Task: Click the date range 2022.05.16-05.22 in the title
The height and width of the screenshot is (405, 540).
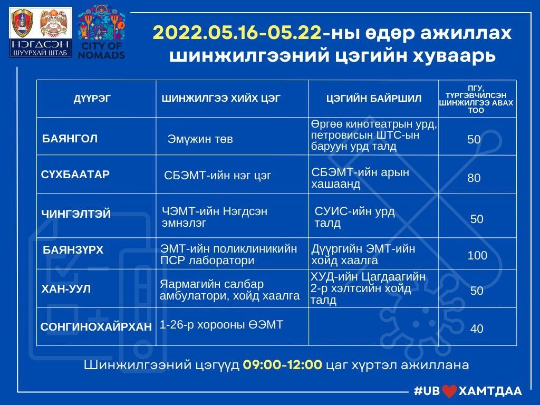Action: pos(237,33)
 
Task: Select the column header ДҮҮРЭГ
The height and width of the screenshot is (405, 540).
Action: pos(92,99)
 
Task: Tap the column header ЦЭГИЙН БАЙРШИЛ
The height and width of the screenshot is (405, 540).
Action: pos(374,99)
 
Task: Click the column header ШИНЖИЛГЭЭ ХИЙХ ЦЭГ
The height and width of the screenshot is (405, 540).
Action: pos(221,99)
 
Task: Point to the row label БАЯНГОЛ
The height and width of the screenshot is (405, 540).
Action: pos(70,139)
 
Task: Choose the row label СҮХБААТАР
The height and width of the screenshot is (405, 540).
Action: pos(75,174)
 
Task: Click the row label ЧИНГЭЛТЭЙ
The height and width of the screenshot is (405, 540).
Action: pos(76,214)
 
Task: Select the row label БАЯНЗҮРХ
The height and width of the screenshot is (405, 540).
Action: pos(73,249)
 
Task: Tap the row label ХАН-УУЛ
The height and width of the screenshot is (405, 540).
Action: pos(66,288)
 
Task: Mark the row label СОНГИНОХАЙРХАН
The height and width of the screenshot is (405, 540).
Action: pos(96,326)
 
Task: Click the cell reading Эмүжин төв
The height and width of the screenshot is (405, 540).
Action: pos(200,139)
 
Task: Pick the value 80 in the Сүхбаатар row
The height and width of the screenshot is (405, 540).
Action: pos(474,178)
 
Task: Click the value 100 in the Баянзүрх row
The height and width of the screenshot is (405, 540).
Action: pos(477,255)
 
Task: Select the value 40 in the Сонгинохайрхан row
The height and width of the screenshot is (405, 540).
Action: pos(477,329)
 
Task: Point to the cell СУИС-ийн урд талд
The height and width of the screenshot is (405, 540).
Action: pos(355,217)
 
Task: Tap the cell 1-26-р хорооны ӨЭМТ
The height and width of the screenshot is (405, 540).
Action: pos(221,324)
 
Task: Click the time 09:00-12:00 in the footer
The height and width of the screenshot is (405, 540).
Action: pos(283,364)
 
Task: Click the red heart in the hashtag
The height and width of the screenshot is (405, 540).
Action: pos(449,391)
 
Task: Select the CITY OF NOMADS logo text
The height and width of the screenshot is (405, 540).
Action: pos(101,50)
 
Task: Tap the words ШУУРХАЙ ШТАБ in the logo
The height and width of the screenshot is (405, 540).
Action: pos(40,53)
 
